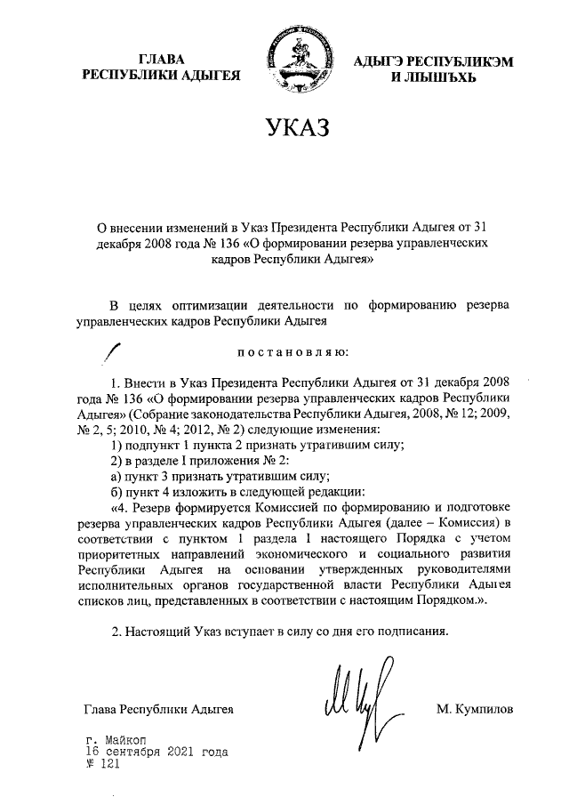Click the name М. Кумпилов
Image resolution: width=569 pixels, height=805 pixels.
(x=476, y=709)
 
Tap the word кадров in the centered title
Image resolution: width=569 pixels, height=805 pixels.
(x=231, y=261)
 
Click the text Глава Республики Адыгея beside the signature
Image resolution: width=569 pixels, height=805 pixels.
(x=158, y=709)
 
